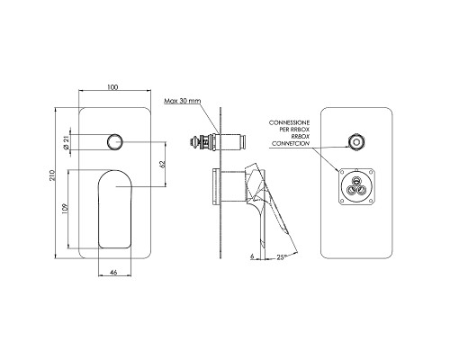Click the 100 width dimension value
tap(112, 87)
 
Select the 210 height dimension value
tap(52, 175)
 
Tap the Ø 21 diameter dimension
tap(66, 142)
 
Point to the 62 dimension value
tap(163, 164)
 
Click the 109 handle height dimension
tap(65, 209)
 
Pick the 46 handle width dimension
tap(113, 273)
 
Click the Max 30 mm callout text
tap(182, 101)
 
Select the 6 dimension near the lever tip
tap(252, 256)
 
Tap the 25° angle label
tap(282, 257)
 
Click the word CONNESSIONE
tap(289, 122)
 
